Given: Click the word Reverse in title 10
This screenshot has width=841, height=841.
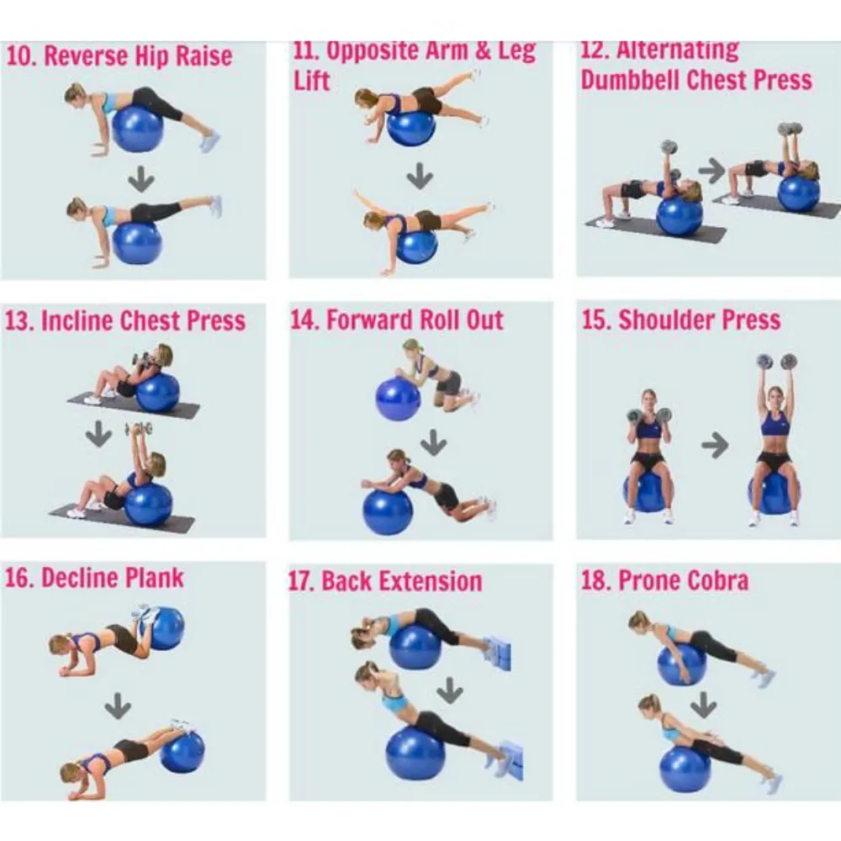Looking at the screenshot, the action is [x=85, y=56].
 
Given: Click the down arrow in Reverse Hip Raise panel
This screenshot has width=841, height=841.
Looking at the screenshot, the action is [x=141, y=179].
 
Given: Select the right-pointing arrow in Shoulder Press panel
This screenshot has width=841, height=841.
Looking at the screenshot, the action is [x=715, y=445].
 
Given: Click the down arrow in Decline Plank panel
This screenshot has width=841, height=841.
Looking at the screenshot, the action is [x=118, y=706].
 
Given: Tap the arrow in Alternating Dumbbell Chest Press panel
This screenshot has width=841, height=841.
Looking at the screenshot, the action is [x=711, y=171].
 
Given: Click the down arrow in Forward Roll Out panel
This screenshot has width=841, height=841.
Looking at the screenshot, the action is [x=433, y=442].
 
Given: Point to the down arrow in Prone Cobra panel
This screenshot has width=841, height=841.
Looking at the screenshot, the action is [x=704, y=705].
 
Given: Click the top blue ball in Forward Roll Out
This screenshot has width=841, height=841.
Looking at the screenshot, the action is [x=398, y=399].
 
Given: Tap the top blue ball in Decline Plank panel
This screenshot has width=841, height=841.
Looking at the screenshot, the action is [x=165, y=628].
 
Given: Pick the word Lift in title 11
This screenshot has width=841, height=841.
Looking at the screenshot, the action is [x=311, y=81].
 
